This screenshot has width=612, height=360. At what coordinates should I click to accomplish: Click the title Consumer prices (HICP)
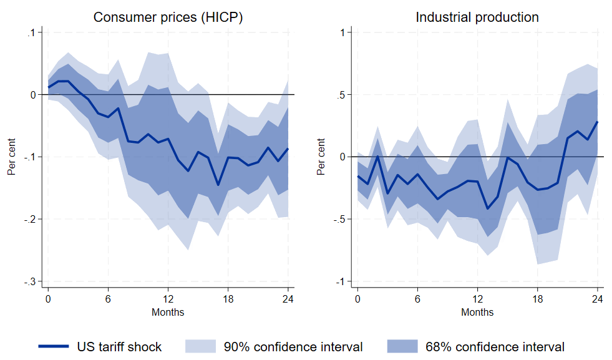168,17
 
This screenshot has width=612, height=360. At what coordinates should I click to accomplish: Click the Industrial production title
477,17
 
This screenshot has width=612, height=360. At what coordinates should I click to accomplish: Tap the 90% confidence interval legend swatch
200,347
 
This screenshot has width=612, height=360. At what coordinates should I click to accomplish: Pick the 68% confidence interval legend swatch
402,347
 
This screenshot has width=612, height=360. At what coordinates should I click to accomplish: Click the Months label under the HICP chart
168,311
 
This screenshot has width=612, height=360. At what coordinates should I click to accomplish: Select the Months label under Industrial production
477,311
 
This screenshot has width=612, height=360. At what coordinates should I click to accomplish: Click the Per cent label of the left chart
11,157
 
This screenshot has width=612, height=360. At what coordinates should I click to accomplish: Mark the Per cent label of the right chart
321,157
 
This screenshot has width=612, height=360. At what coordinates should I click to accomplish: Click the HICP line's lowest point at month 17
218,185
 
